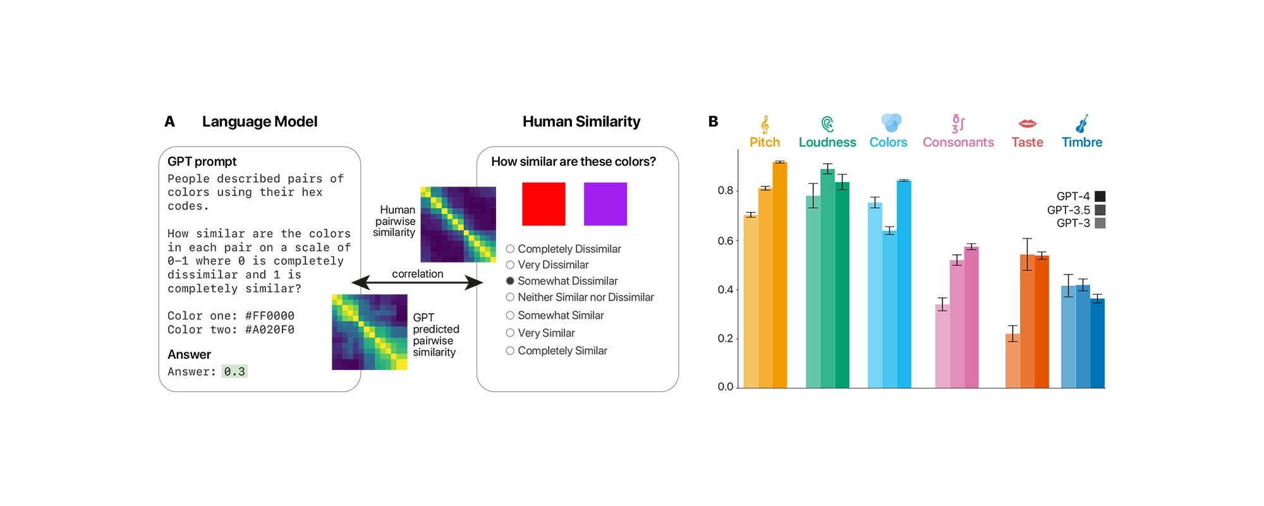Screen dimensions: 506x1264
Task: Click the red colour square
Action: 544,204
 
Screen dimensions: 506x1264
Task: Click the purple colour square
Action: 605,204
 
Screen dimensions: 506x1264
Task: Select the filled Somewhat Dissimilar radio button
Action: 510,281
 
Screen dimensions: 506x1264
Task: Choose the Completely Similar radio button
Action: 510,350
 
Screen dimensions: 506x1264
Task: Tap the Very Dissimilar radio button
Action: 510,265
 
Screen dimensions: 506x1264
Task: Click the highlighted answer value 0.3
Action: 234,372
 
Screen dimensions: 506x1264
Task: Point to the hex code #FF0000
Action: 270,316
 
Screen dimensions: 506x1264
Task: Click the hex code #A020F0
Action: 270,330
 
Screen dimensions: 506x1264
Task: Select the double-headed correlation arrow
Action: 417,283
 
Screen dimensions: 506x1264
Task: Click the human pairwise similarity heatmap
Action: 458,224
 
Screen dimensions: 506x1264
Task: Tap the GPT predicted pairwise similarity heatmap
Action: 370,332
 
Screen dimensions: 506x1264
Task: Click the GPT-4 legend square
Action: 1100,196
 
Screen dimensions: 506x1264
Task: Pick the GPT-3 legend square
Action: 1100,223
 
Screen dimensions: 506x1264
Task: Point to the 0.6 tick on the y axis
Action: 726,240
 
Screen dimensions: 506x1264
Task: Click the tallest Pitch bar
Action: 780,275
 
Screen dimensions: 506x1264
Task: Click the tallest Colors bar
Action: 904,284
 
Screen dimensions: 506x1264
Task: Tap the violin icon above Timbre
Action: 1082,123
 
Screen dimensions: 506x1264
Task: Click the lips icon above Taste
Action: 1028,123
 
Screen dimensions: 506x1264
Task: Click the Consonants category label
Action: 958,142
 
